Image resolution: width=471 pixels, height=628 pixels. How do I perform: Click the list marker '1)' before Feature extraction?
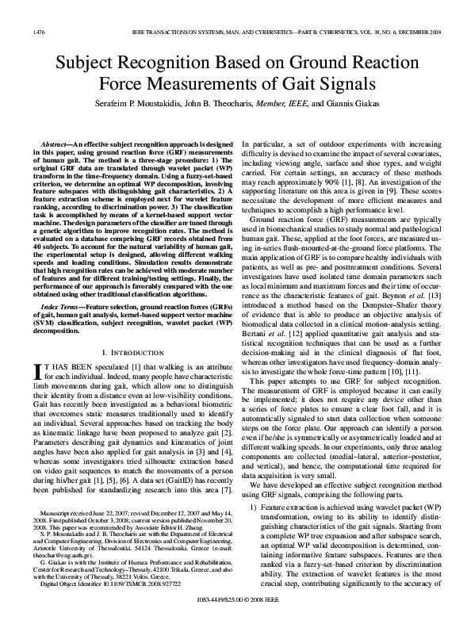pos(254,505)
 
